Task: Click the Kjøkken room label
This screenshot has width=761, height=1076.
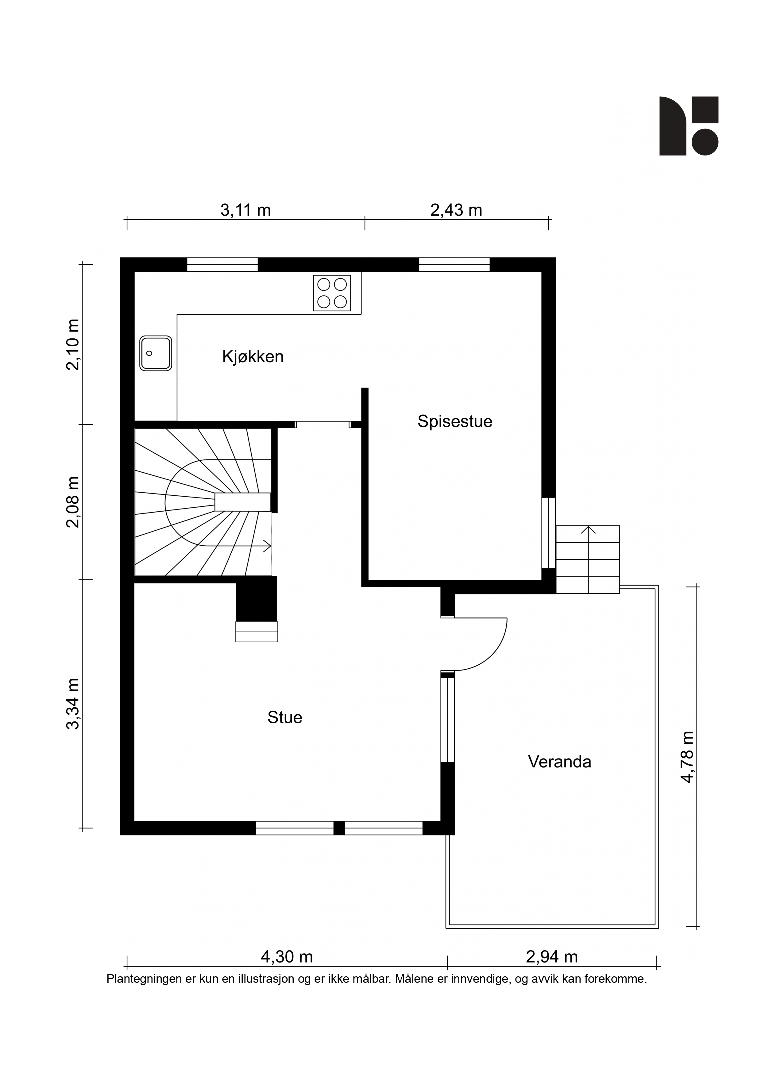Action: pos(253,357)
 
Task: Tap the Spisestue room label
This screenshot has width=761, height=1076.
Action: pos(455,422)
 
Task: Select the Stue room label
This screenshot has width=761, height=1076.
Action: pos(285,717)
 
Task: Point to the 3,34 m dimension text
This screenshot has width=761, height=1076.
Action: pos(73,704)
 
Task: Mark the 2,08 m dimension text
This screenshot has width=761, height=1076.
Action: pos(73,502)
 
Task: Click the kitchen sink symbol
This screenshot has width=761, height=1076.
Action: pos(156,353)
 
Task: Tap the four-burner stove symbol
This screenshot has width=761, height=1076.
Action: pos(332,293)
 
